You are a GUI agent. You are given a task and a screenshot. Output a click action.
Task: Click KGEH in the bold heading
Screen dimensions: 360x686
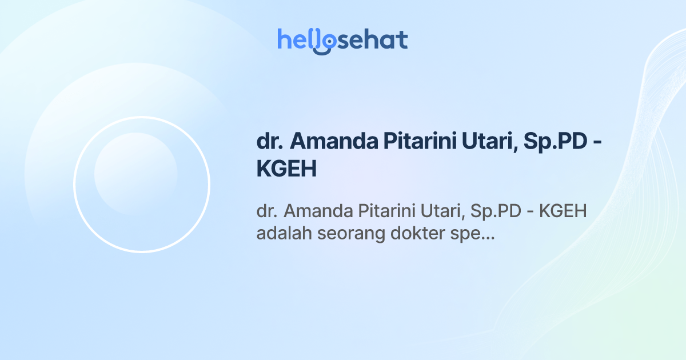[x=286, y=169]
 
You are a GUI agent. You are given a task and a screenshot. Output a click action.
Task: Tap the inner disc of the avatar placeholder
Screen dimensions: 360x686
[x=136, y=174]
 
